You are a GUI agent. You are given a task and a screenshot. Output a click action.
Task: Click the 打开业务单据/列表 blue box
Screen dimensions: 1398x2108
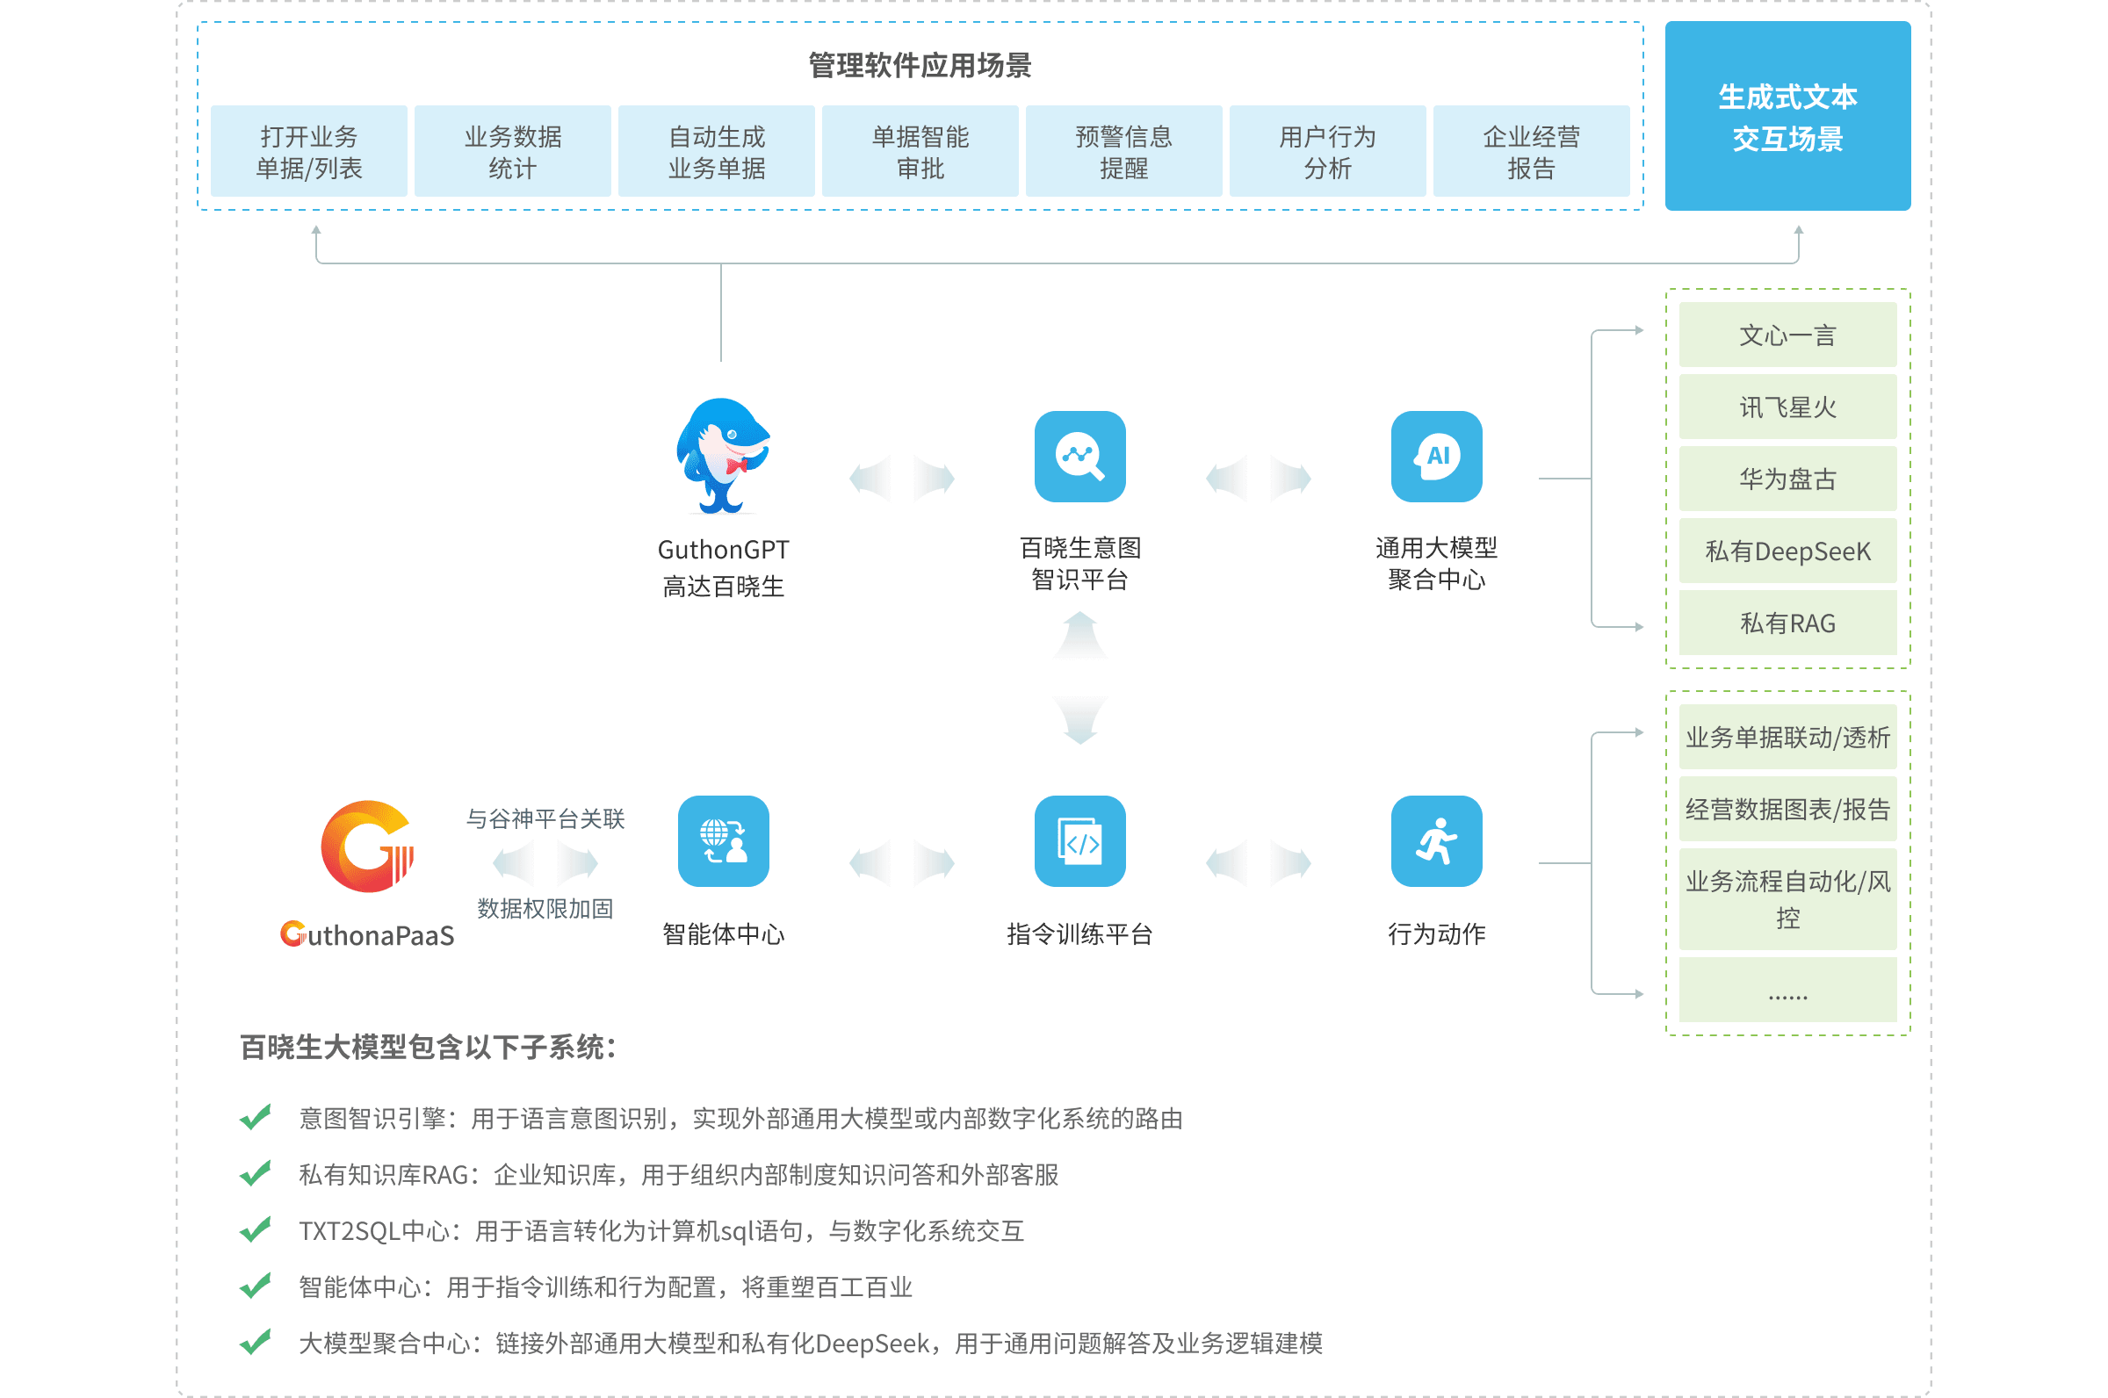point(308,151)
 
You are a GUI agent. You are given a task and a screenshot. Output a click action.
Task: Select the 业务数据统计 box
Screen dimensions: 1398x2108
point(513,151)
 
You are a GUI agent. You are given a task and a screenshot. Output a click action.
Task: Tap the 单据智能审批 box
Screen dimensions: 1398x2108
point(920,151)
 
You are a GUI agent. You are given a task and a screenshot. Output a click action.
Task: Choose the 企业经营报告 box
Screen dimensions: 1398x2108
point(1531,151)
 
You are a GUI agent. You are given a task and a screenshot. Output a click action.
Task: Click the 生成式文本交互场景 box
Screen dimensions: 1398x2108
point(1787,116)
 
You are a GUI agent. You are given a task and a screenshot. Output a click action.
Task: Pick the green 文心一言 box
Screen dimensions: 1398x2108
point(1787,335)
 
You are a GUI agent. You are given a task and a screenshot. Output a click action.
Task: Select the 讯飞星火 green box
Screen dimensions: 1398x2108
point(1787,407)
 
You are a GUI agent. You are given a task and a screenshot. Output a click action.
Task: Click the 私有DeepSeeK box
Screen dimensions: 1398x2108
point(1787,551)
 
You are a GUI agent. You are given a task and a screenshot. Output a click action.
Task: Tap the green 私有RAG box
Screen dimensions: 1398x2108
point(1787,623)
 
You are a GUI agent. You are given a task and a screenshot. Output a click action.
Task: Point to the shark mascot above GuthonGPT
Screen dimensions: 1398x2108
point(723,456)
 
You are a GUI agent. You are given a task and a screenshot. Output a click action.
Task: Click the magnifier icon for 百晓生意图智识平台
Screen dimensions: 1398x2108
point(1079,457)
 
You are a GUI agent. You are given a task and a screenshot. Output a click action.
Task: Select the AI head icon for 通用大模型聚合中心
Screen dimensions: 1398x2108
point(1437,457)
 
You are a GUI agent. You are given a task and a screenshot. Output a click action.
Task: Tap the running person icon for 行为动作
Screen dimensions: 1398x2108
point(1437,840)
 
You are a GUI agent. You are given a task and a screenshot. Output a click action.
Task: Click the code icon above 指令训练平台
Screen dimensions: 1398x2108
point(1079,840)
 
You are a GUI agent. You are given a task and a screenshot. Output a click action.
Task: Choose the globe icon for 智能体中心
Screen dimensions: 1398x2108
point(723,840)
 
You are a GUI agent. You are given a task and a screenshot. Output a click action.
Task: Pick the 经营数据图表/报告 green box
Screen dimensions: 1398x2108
point(1787,809)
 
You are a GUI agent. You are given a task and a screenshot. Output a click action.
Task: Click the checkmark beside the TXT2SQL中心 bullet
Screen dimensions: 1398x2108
point(256,1230)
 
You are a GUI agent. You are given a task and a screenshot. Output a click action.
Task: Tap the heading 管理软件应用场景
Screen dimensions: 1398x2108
point(920,65)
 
